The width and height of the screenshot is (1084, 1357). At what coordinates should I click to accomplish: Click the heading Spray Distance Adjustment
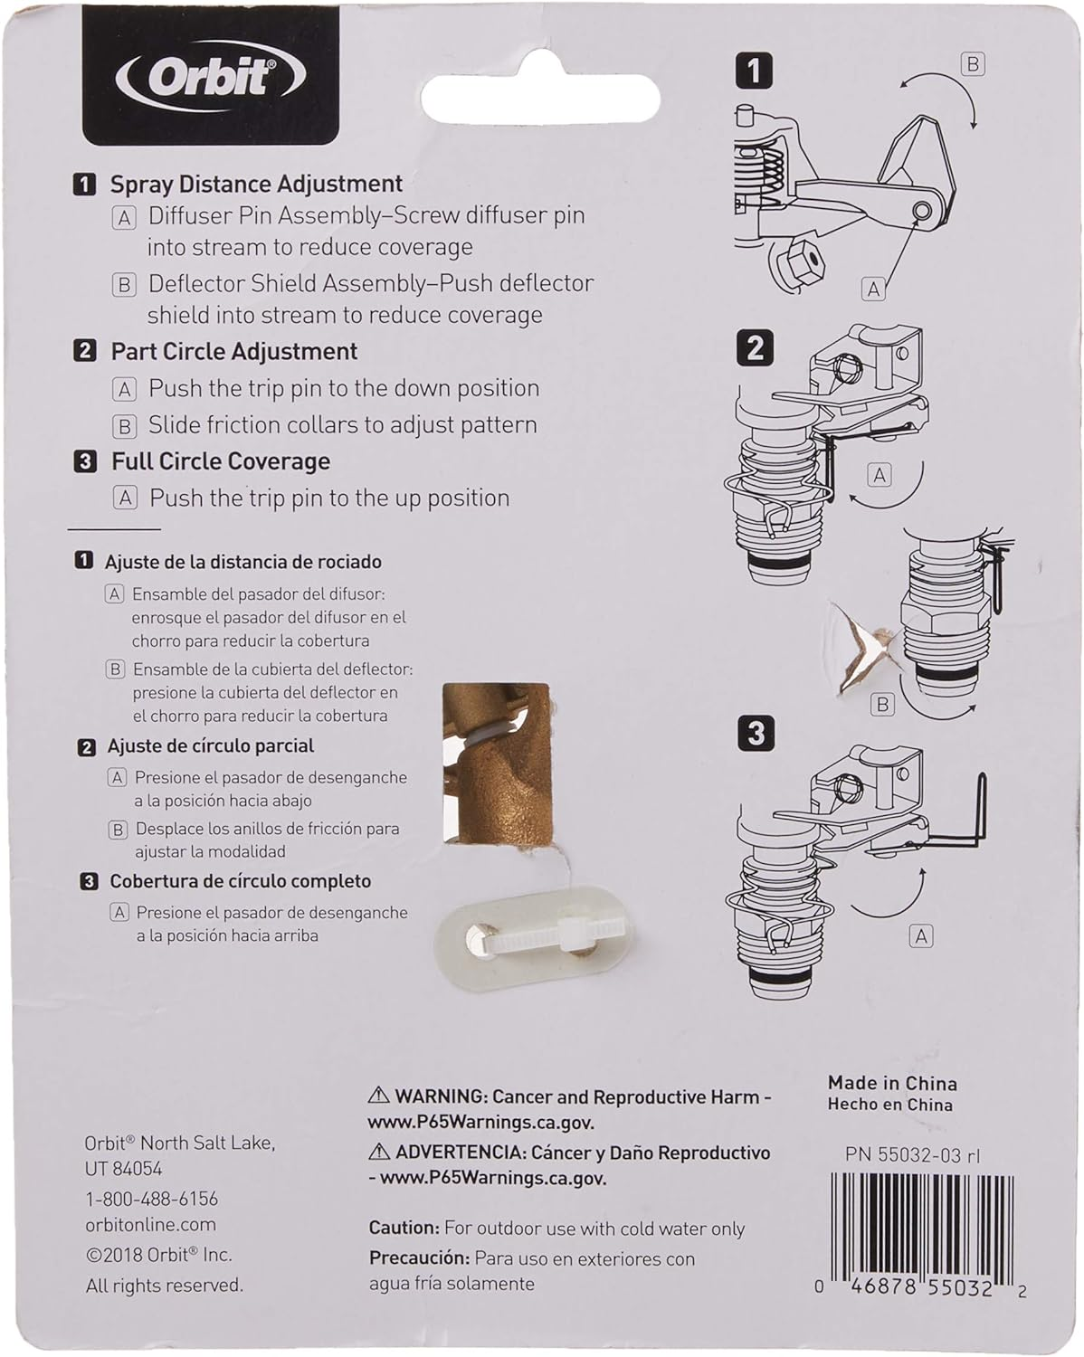tap(256, 184)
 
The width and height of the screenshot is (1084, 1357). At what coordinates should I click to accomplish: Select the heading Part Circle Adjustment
tap(233, 351)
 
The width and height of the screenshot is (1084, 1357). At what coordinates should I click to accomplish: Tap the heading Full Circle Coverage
tap(220, 461)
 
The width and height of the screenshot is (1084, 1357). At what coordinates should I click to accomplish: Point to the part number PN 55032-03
tap(912, 1155)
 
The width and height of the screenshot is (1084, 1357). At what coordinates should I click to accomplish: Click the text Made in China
tap(891, 1083)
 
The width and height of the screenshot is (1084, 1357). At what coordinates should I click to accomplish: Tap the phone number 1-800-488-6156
tap(151, 1198)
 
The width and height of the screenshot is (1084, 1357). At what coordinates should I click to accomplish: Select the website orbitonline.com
tap(150, 1225)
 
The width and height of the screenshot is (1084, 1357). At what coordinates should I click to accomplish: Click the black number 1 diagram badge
tap(755, 71)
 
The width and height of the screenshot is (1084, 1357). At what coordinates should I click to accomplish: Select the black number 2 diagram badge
tap(755, 348)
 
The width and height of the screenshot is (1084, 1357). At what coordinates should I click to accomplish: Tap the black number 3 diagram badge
tap(756, 733)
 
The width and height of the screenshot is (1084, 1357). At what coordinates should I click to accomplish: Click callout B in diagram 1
tap(973, 64)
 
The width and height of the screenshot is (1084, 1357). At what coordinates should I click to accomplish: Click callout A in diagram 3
tap(921, 936)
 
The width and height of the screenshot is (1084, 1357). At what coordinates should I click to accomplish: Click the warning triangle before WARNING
tap(379, 1096)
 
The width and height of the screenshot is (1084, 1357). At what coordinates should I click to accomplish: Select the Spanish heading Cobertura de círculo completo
tap(240, 881)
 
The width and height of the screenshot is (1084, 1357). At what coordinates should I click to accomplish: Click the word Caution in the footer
tap(403, 1228)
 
